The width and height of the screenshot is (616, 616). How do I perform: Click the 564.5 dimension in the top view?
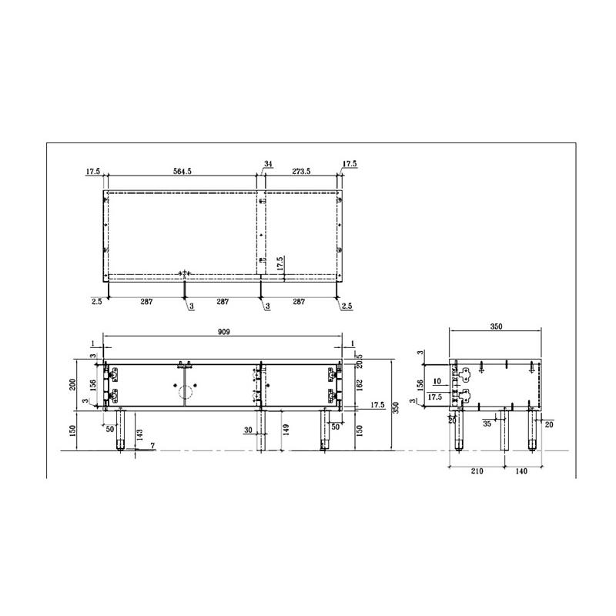coord(182,171)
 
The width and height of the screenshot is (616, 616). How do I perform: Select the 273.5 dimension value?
coord(301,171)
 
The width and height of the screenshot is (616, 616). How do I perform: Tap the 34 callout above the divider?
coord(268,164)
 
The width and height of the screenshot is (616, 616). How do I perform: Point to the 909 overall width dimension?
coord(223,332)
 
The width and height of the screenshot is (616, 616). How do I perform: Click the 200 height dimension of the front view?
coord(72,384)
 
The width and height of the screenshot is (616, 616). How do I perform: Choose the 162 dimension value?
coord(360,385)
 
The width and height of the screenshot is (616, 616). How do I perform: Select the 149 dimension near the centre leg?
coord(286,430)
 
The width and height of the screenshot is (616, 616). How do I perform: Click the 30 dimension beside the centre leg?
coord(248,430)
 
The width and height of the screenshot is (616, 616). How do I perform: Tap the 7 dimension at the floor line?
coord(152,446)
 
